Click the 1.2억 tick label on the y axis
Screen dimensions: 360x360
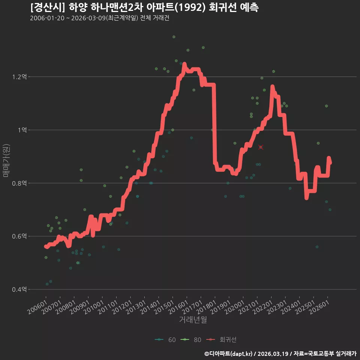19,76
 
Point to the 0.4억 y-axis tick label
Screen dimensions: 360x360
19,289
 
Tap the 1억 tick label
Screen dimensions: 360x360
22,130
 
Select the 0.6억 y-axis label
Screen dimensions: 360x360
19,236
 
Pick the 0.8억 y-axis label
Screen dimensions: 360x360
19,183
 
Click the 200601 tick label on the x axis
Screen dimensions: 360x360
37,307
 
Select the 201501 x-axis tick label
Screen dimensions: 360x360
164,307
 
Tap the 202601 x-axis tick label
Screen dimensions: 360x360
319,307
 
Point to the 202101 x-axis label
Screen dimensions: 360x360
249,307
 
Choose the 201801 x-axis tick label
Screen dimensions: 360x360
206,307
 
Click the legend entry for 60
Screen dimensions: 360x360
165,340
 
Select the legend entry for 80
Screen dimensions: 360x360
191,340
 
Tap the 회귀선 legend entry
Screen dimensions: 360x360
221,340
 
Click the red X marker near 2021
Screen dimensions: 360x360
261,147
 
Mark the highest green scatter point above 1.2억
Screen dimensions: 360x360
174,37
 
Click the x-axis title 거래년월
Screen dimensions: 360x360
193,319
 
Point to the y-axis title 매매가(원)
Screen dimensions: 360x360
6,160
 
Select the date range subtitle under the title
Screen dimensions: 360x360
100,18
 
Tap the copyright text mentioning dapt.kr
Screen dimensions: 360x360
280,354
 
